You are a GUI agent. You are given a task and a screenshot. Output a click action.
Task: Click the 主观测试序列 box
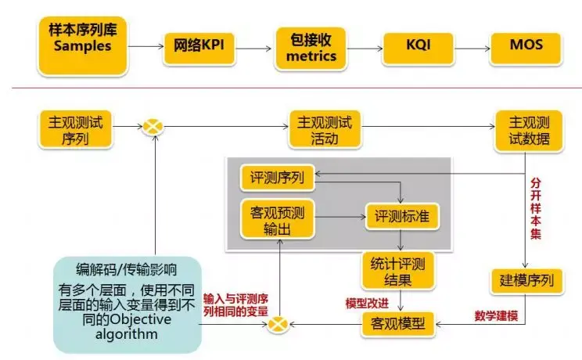pos(76,130)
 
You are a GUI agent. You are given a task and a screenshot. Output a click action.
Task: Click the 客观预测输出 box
pos(279,218)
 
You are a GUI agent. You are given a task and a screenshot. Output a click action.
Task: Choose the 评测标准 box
pos(403,215)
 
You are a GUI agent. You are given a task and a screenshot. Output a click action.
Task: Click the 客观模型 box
pos(397,322)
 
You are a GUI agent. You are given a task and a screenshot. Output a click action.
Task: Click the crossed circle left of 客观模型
pos(278,322)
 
